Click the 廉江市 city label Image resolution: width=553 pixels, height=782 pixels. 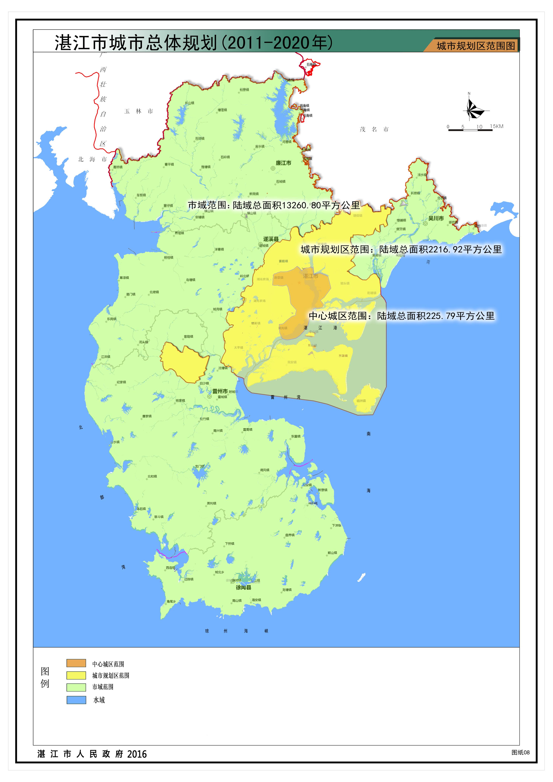[283, 163]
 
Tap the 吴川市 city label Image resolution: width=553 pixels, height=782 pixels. [436, 218]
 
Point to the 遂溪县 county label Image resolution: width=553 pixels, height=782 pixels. [271, 239]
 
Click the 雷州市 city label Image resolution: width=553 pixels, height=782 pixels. [220, 391]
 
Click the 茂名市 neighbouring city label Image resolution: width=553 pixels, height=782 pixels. [374, 129]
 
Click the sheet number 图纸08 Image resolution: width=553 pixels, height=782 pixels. [520, 752]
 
